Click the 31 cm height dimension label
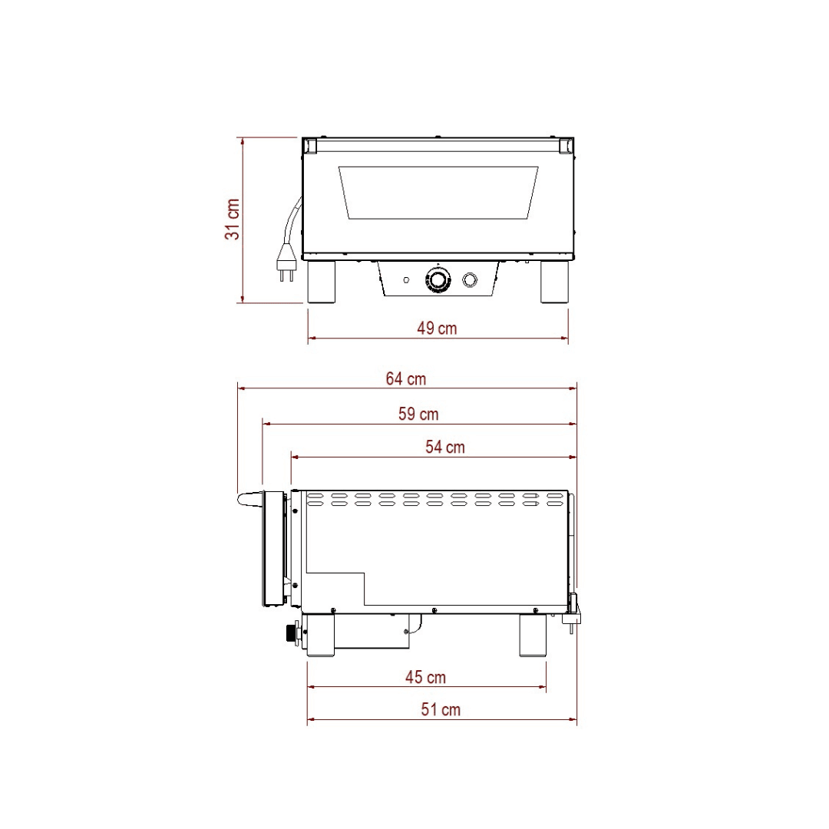click(x=233, y=220)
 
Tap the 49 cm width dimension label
click(x=437, y=329)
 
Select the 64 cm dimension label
click(x=406, y=378)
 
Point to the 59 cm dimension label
click(x=419, y=414)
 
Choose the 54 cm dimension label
click(x=445, y=447)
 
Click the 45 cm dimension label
click(x=425, y=677)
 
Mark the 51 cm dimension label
click(x=441, y=709)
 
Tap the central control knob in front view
click(x=438, y=279)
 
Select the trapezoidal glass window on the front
click(x=438, y=193)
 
